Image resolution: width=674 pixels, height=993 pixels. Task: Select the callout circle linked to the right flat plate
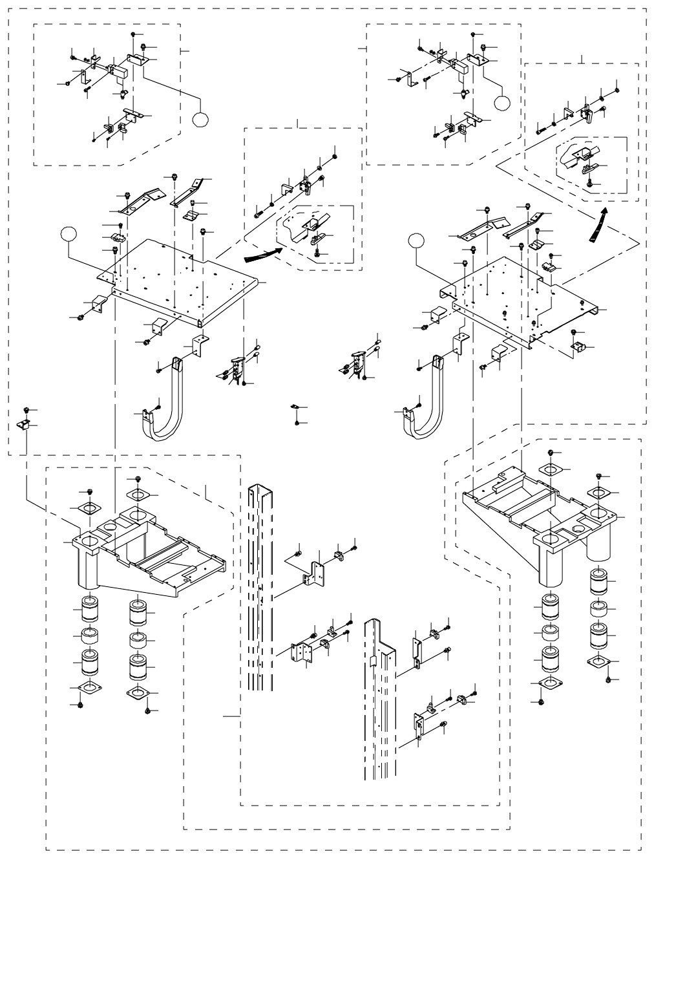point(417,241)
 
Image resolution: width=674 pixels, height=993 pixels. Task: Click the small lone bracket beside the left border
point(23,424)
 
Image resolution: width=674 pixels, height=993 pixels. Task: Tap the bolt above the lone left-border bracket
point(26,410)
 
